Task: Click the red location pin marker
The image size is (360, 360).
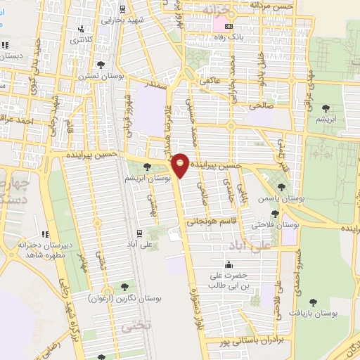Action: (181, 165)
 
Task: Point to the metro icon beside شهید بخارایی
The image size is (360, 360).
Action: (123, 9)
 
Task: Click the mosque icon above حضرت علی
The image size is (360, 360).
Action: (229, 264)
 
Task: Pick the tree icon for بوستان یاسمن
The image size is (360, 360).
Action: (281, 188)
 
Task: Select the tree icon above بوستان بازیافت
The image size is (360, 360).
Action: (312, 302)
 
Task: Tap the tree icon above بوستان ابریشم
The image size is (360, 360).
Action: (146, 167)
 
